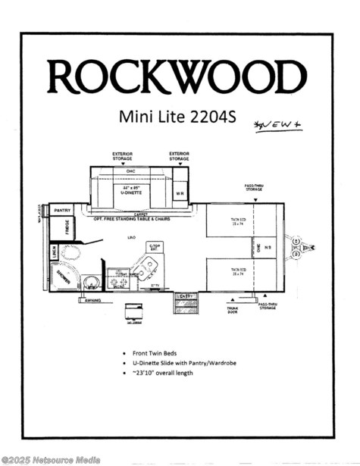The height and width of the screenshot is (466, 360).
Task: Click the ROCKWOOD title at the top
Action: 177,76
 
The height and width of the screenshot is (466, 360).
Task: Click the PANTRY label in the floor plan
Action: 62,210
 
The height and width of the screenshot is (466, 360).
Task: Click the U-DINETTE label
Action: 130,192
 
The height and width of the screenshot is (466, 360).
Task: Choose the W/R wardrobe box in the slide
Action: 180,192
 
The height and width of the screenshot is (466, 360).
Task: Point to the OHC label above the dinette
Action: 130,171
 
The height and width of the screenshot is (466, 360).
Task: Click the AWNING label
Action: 92,299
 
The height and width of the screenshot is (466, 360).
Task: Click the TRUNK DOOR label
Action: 233,308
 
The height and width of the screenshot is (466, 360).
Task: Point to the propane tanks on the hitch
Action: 298,248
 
